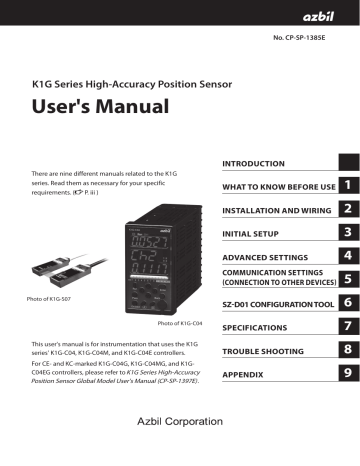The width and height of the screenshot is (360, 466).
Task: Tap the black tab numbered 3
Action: coord(345,233)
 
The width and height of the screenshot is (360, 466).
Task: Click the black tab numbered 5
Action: coord(345,280)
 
